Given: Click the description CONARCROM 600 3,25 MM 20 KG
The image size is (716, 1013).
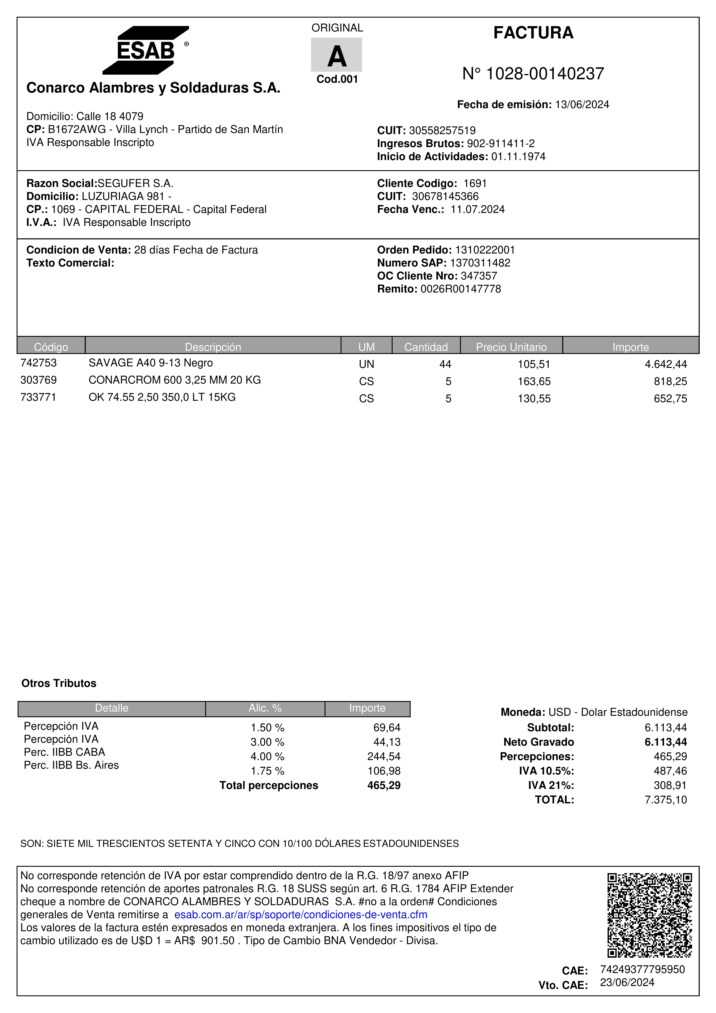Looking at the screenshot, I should point(175,380).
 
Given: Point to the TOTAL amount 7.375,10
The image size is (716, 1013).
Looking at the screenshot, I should point(666,800).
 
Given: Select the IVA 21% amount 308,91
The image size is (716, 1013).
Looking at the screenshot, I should point(670,785).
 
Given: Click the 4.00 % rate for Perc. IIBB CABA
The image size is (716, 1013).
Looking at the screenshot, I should point(267,757).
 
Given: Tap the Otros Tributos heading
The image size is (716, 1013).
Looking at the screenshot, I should point(59,683).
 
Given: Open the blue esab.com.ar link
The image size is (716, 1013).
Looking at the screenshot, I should point(301,915).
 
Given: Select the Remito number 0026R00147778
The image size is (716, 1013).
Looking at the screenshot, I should point(461,289).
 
